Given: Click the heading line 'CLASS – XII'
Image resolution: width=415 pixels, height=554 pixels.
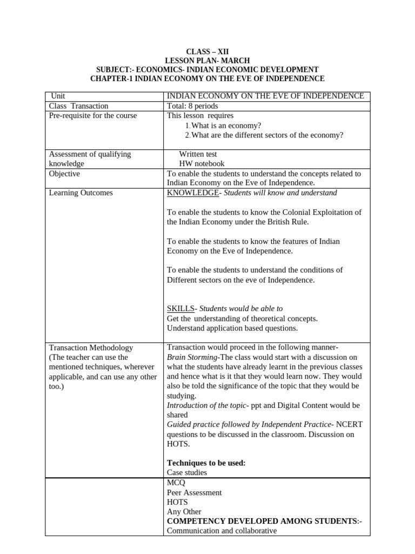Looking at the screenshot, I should [207, 51].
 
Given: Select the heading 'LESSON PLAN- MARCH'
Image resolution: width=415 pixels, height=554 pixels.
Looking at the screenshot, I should [207, 61].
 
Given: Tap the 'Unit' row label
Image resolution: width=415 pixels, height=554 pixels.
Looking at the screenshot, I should [57, 96].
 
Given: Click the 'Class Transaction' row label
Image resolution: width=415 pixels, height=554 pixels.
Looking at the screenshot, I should [79, 106].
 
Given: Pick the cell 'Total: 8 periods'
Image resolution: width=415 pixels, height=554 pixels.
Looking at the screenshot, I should [192, 106].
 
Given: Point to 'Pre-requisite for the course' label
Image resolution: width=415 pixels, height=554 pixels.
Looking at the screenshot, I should [93, 116].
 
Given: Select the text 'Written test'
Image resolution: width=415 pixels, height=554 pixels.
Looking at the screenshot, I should [198, 154].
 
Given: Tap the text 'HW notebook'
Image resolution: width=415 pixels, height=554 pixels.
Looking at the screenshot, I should [202, 163].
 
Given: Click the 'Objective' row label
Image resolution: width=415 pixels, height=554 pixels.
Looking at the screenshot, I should [64, 174].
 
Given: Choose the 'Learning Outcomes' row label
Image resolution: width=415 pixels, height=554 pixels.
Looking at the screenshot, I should [81, 193].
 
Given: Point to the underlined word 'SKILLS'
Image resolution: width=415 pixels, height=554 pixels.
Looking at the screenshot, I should [180, 308].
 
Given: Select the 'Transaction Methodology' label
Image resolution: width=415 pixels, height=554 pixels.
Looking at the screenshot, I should [91, 347].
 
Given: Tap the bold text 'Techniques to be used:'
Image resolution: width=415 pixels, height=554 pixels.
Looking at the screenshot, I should [206, 463].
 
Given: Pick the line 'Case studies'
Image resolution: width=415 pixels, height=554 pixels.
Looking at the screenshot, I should [187, 472].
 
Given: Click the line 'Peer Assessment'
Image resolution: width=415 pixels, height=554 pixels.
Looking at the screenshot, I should [195, 493].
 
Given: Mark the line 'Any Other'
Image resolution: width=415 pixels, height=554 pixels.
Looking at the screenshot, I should [184, 511].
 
